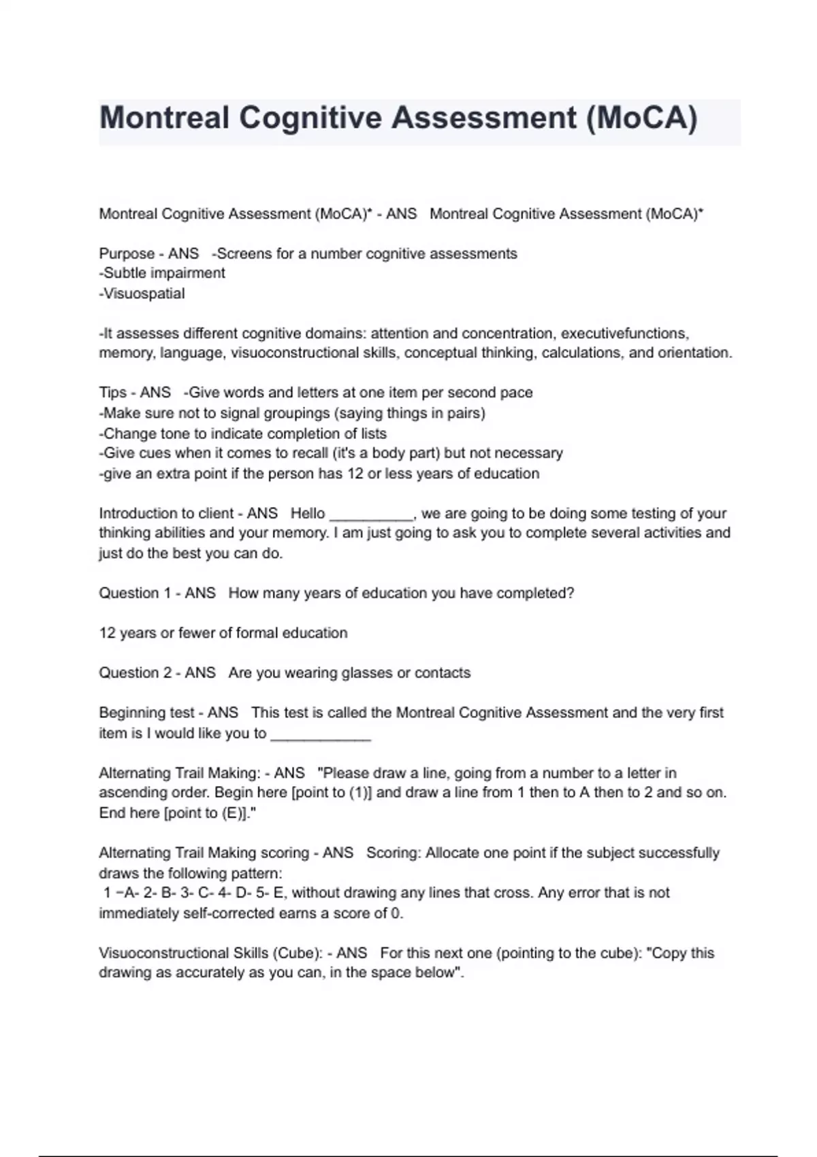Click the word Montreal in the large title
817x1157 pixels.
tap(164, 118)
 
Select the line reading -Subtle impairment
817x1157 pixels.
tap(162, 274)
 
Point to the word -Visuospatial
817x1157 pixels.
tap(142, 294)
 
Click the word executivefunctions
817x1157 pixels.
tap(624, 333)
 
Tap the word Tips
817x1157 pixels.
tap(113, 393)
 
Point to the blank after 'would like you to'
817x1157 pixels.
tap(321, 734)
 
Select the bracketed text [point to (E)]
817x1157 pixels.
tap(206, 813)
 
